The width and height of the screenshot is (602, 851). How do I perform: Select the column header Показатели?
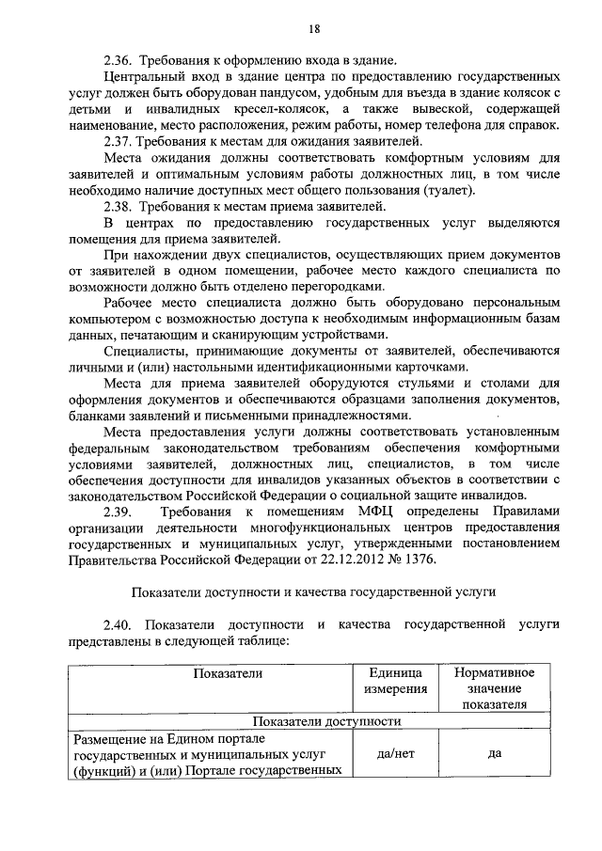(228, 672)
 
